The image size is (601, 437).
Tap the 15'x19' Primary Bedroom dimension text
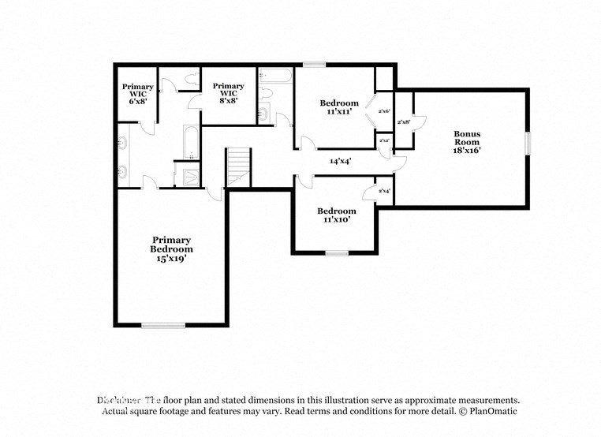[171, 258]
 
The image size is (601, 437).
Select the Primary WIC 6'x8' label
[137, 94]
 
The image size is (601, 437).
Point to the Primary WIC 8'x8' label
[228, 94]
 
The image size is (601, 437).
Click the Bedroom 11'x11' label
[339, 107]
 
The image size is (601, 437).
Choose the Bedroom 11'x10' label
[337, 215]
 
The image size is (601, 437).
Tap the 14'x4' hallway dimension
[340, 161]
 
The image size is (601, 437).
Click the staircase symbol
[238, 166]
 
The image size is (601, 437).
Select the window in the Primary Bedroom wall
[163, 324]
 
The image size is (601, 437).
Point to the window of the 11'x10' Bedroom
[337, 253]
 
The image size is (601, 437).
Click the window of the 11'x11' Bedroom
[314, 65]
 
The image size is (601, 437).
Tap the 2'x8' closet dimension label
[403, 122]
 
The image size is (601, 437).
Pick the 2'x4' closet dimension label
[384, 191]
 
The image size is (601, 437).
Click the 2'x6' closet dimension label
[384, 111]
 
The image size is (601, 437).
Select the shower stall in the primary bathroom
[192, 176]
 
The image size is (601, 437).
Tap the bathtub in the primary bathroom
[192, 142]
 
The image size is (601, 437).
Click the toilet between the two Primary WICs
[192, 78]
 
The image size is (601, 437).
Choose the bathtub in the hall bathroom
[275, 77]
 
